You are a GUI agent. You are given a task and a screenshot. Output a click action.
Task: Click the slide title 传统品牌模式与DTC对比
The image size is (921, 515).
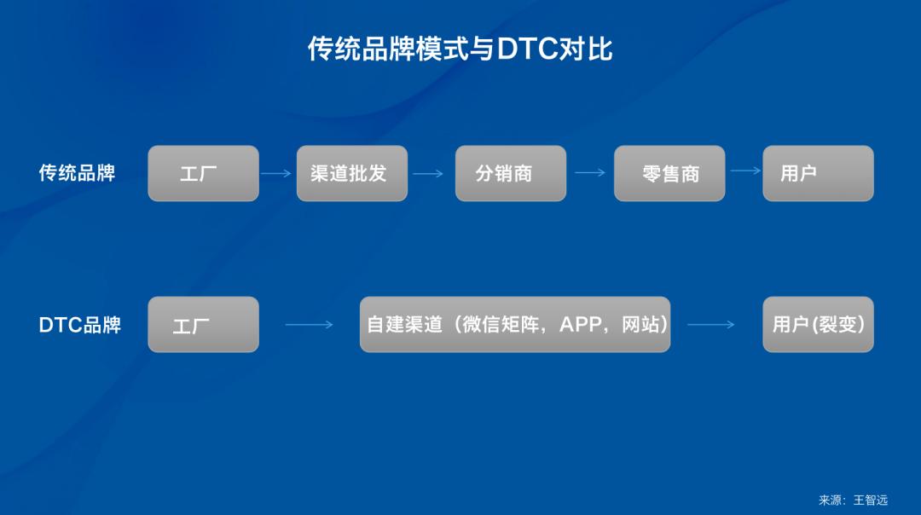click(x=460, y=49)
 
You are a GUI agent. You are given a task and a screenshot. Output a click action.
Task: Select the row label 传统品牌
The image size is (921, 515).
click(x=77, y=173)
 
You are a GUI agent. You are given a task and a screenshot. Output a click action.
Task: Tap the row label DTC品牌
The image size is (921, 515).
click(x=79, y=325)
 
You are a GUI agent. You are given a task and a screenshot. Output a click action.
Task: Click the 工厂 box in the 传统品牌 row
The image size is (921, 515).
click(x=203, y=173)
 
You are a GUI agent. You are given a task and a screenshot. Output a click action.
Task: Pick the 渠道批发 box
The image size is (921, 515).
click(x=351, y=173)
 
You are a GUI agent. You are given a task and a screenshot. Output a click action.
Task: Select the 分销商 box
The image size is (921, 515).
click(x=510, y=173)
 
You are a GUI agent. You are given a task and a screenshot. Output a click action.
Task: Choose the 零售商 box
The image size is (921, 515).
click(x=669, y=173)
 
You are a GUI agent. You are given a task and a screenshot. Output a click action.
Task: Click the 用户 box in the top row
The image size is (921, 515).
click(x=817, y=173)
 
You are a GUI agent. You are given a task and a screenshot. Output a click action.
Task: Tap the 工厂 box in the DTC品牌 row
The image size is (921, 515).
click(x=203, y=325)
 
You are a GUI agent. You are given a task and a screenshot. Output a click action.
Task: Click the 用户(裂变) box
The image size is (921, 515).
click(x=817, y=325)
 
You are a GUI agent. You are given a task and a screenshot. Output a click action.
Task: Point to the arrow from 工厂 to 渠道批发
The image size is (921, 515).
click(x=276, y=174)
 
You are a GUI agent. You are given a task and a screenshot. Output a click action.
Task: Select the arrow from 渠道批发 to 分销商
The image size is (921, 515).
click(x=428, y=174)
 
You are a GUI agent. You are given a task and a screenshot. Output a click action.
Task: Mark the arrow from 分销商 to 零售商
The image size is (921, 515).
click(x=590, y=172)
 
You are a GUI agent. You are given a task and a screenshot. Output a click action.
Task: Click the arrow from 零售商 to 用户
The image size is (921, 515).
click(x=745, y=171)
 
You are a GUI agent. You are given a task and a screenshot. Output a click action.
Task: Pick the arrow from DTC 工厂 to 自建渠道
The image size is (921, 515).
click(x=309, y=325)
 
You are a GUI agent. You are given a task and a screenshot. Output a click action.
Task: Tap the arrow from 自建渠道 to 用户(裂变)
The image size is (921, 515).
click(x=710, y=325)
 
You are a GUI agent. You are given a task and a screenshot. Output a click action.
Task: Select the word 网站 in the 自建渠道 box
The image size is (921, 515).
click(x=640, y=325)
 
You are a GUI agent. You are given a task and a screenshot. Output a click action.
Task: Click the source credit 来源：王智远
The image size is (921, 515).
click(x=853, y=500)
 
